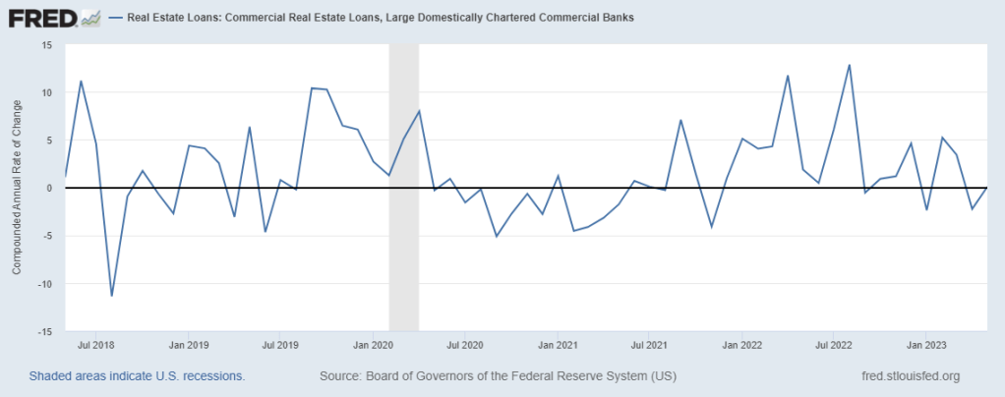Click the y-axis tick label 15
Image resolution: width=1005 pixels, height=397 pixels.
pos(46,45)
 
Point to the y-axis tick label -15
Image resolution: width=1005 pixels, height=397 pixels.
pos(44,331)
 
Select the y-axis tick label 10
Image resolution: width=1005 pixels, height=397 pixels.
pos(46,92)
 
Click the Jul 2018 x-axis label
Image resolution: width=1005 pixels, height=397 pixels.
pos(95,345)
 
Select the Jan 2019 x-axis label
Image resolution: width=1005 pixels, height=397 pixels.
pos(189,345)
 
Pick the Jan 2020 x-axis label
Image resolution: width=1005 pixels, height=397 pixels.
pos(374,345)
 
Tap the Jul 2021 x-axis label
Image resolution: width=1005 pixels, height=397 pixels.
pos(650,345)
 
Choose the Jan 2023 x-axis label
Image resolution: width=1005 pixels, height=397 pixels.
pos(926,345)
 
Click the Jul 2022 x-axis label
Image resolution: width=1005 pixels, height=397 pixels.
pos(834,345)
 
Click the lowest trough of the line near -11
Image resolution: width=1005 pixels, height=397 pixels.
pos(111,295)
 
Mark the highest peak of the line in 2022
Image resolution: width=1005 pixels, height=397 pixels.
pos(849,65)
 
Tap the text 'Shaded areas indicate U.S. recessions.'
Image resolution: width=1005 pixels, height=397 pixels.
pos(137,376)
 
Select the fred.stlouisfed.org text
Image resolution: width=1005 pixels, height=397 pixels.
pos(909,376)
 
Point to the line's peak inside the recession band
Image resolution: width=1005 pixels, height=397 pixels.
pos(419,111)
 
